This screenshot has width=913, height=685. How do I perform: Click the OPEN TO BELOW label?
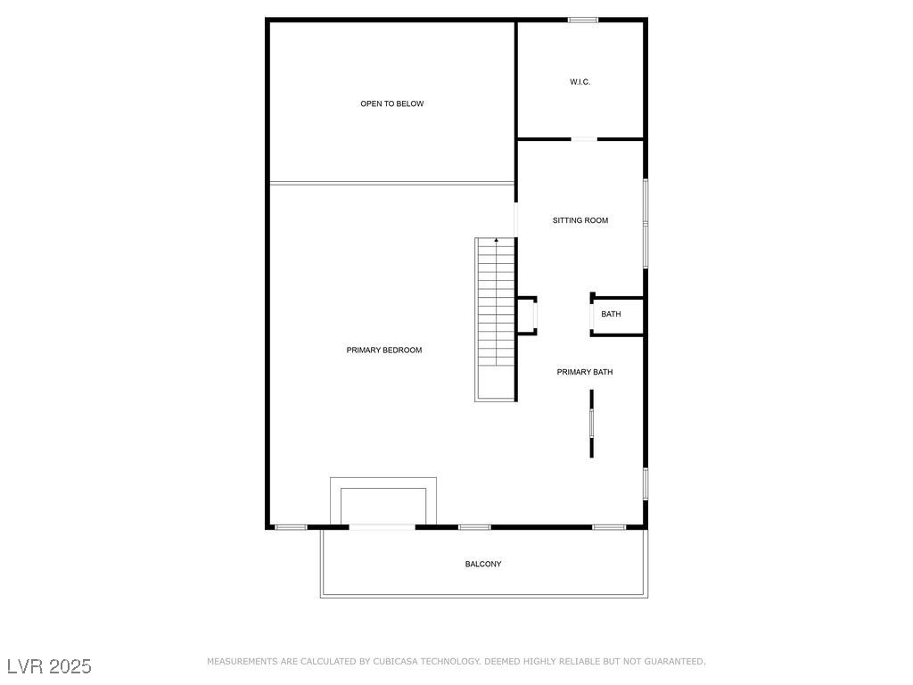[x=392, y=103]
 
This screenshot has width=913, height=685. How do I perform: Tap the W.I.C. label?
[x=580, y=82]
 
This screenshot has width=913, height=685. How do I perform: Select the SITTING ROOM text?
[x=580, y=220]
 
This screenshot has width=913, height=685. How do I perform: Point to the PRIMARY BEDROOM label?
[x=383, y=350]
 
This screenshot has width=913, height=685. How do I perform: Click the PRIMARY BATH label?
[x=585, y=372]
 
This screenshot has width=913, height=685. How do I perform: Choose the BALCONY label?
[x=482, y=564]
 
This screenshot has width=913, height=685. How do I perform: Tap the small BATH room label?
[x=611, y=314]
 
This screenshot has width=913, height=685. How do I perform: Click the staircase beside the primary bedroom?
[x=496, y=319]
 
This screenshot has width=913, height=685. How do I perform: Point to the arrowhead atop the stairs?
[x=496, y=239]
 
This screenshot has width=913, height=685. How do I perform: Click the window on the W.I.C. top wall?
[x=583, y=20]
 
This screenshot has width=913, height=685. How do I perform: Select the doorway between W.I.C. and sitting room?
[x=584, y=139]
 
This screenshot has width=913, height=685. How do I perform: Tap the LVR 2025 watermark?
[x=49, y=666]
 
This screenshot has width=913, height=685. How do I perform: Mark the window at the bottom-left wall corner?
[x=291, y=527]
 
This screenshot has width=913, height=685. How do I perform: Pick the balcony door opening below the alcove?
[x=382, y=527]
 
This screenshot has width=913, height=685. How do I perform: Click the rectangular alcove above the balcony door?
[x=383, y=478]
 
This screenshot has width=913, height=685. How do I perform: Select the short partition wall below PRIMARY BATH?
[x=592, y=424]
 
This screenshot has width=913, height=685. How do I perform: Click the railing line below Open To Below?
[x=392, y=184]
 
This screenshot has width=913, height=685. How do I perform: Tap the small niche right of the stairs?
[x=528, y=316]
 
